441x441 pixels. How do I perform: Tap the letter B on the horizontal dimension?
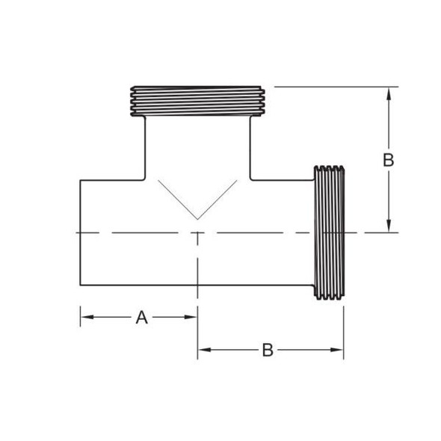click(268, 350)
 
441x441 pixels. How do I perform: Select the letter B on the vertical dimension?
click(388, 159)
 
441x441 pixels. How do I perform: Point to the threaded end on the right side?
click(329, 233)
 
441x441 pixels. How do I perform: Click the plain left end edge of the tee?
click(80, 232)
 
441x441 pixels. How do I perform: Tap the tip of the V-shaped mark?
click(197, 219)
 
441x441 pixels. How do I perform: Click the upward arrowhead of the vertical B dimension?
click(388, 93)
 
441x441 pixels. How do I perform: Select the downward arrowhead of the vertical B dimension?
click(388, 227)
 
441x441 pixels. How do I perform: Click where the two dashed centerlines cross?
click(197, 233)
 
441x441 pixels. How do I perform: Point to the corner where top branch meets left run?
click(145, 179)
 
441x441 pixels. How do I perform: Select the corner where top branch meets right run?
click(250, 179)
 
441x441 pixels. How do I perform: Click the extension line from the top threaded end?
click(336, 87)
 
